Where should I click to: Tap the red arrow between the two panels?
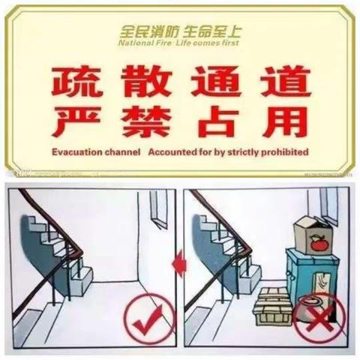[177, 262]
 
